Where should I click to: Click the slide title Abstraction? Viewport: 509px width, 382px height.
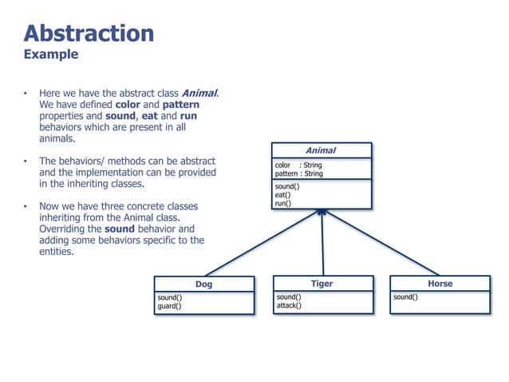pos(89,33)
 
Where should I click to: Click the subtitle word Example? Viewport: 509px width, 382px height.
pos(51,54)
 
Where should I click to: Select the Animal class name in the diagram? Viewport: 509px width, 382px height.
pos(321,150)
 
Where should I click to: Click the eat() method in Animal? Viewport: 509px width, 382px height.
pos(282,195)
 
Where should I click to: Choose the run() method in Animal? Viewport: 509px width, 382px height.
pos(282,204)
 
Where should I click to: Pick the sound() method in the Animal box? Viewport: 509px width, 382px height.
pos(286,186)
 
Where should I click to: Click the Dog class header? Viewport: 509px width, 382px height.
pos(203,284)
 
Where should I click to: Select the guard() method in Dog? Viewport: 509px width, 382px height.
pos(169,305)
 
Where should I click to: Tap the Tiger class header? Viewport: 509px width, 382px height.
pos(322,284)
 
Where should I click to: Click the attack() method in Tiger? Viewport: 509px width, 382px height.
pos(289,305)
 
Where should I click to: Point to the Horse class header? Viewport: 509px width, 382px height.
pos(440,284)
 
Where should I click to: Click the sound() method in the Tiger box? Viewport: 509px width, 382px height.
pos(289,296)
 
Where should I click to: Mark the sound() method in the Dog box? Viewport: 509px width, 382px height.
pos(169,296)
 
